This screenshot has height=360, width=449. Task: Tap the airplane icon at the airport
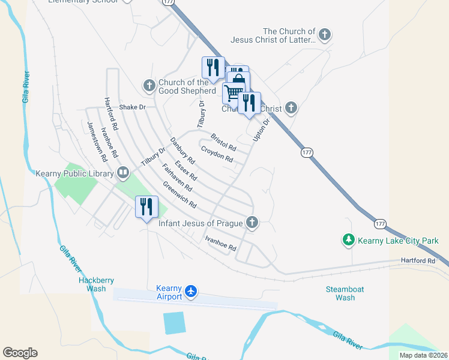tap(191, 291)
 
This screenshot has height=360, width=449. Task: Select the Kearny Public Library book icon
tap(123, 173)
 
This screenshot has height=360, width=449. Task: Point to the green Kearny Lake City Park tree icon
tap(348, 241)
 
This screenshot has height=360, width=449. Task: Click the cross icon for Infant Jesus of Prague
tap(252, 223)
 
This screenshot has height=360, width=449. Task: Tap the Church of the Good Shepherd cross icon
tap(149, 86)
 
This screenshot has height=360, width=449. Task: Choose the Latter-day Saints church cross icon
tap(325, 35)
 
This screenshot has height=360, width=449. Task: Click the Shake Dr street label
tap(133, 107)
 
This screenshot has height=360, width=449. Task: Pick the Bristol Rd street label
tap(223, 142)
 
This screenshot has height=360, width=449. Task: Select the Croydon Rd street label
tap(217, 154)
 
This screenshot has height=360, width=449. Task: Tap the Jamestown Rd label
tap(97, 142)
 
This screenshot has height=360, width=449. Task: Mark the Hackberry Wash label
tap(96, 284)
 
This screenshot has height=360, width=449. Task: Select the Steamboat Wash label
tap(345, 293)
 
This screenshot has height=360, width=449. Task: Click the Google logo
tap(20, 353)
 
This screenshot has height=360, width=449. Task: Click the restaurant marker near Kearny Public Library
tap(146, 208)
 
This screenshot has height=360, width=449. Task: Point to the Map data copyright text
tap(424, 355)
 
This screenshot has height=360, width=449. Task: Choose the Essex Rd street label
tap(186, 170)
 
